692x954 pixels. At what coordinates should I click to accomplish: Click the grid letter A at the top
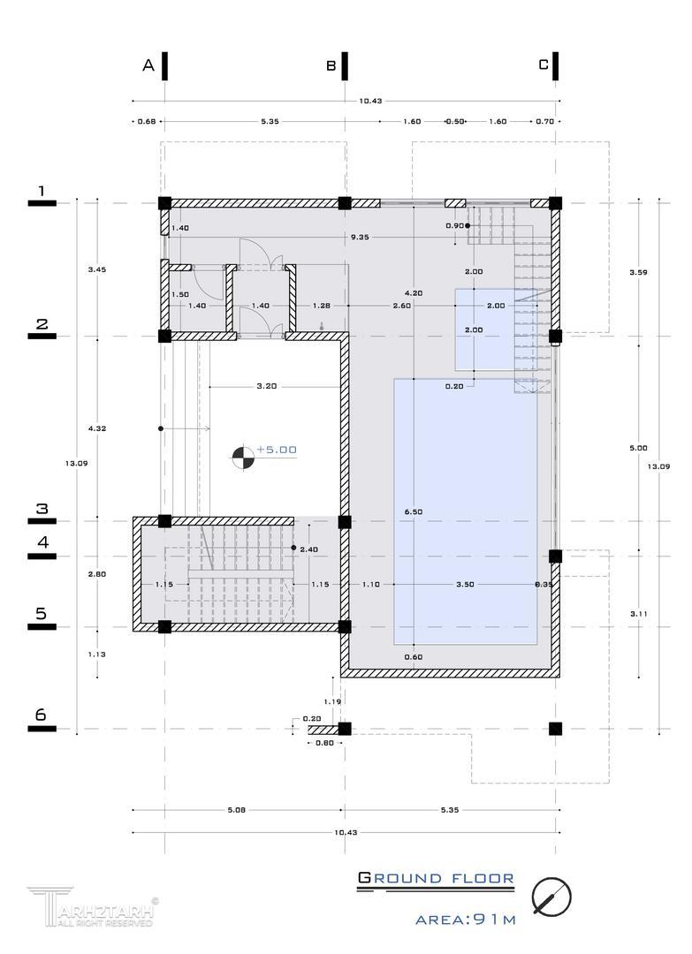tap(148, 65)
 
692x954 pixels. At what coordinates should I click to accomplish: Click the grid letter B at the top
tap(331, 65)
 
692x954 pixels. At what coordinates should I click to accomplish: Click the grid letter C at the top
tap(544, 64)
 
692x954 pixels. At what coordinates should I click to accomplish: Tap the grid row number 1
tap(42, 191)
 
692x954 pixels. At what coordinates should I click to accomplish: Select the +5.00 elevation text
tap(277, 450)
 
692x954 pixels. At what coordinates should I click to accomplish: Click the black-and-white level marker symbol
tap(241, 456)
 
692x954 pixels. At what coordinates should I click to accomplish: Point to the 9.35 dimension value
tap(360, 237)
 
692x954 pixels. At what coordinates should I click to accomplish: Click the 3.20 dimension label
tap(266, 386)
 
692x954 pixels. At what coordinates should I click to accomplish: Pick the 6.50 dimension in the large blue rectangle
tap(414, 511)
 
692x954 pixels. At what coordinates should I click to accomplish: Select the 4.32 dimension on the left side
tap(97, 428)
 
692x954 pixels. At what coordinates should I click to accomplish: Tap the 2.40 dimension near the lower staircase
tap(308, 549)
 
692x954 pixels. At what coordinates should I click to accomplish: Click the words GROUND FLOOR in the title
tap(436, 878)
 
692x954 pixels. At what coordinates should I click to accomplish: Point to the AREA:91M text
tap(466, 920)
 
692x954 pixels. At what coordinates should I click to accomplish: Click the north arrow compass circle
tap(551, 897)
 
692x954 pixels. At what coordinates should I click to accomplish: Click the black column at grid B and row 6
tap(345, 729)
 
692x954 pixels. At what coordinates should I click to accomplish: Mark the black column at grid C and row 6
tap(555, 729)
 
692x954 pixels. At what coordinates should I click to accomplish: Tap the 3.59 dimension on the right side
tap(638, 272)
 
